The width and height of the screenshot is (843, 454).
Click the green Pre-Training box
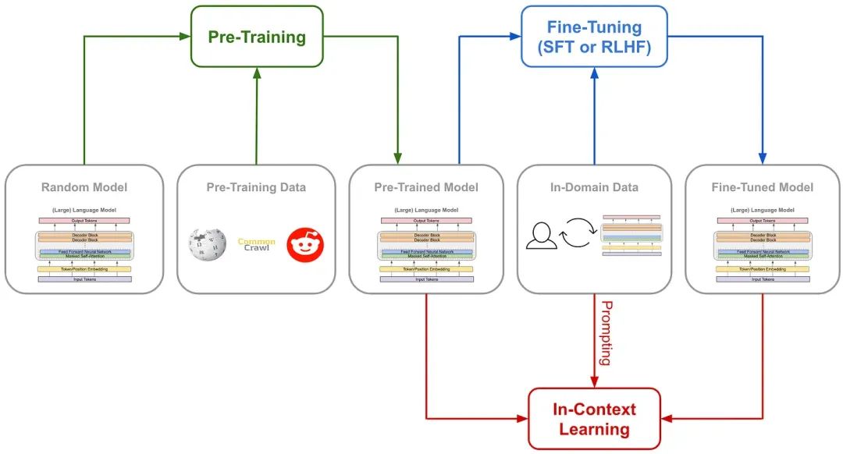point(256,37)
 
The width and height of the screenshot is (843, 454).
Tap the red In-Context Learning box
point(594,419)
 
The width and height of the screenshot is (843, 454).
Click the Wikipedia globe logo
point(207,244)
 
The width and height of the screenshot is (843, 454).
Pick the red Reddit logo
point(304,244)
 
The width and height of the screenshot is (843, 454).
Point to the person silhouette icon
point(541,236)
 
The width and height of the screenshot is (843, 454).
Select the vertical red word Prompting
point(605,333)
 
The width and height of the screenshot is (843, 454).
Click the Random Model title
point(84,187)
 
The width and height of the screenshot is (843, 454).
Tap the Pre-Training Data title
point(256,187)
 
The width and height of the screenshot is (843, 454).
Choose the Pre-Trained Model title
point(426,187)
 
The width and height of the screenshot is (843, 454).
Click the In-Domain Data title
point(594,187)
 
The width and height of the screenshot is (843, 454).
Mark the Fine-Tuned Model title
point(762,187)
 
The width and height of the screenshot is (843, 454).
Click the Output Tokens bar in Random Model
point(84,221)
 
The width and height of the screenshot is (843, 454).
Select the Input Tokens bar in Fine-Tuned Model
point(762,278)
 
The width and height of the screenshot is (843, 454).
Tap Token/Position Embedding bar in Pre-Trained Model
point(426,268)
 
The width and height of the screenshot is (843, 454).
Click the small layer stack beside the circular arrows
point(631,236)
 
